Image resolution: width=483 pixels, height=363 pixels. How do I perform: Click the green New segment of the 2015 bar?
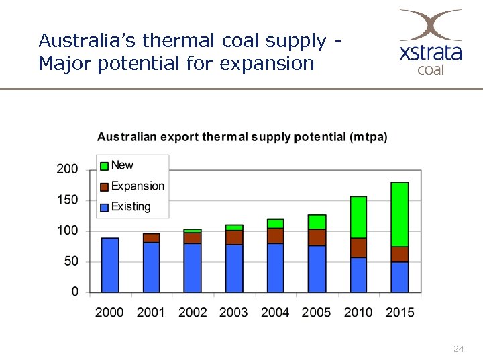click(x=400, y=214)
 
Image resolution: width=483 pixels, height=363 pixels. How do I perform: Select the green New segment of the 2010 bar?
click(x=358, y=217)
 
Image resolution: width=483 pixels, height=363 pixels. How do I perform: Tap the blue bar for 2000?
click(x=110, y=265)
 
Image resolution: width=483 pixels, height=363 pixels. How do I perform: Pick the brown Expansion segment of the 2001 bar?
click(x=152, y=238)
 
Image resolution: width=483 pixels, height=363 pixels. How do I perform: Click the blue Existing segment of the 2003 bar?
click(x=234, y=268)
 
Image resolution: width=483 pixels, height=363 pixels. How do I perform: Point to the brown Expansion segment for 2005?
click(x=317, y=237)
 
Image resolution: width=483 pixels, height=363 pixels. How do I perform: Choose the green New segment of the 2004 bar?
click(x=275, y=224)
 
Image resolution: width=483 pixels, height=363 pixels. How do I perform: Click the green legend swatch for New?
click(x=104, y=165)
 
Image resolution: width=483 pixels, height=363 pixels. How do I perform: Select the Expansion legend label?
click(x=138, y=186)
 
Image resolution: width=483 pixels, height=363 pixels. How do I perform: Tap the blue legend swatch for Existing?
click(x=104, y=208)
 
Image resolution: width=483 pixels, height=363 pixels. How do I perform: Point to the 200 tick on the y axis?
click(x=67, y=169)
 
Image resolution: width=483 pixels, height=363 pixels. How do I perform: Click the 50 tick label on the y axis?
click(x=70, y=261)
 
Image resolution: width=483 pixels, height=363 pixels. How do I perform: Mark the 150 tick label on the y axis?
click(x=67, y=200)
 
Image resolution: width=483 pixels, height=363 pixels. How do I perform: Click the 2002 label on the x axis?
click(x=193, y=312)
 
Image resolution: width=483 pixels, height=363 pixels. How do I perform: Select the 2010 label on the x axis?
click(x=358, y=312)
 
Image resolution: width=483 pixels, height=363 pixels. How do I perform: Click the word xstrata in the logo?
click(x=431, y=53)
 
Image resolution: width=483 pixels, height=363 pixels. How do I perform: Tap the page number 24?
click(x=459, y=349)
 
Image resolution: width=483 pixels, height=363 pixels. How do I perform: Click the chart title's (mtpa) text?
click(x=368, y=137)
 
